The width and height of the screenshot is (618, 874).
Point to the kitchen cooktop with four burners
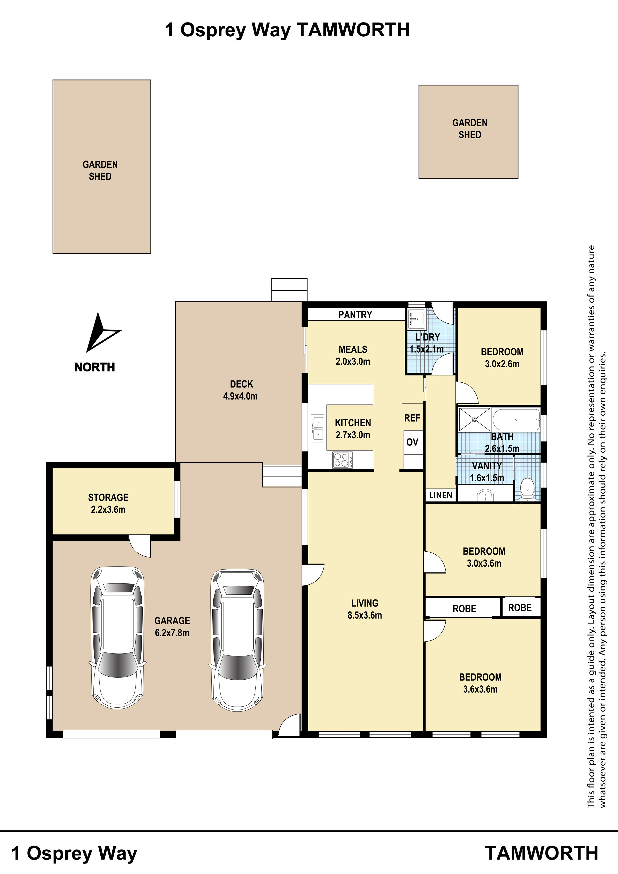[342, 459]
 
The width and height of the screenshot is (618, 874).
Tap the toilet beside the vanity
[527, 489]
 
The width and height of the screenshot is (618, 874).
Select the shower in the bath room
[474, 419]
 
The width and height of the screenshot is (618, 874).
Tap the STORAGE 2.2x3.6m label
[108, 503]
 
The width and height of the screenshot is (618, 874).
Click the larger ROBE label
[464, 609]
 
